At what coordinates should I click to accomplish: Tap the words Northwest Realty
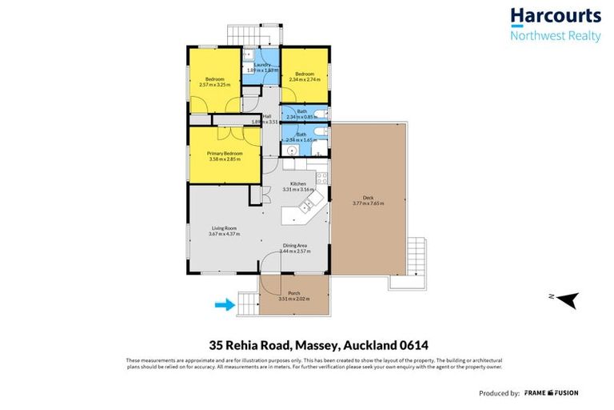coord(555,35)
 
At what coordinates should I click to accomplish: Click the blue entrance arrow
coord(225,304)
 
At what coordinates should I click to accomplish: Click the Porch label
coord(293,293)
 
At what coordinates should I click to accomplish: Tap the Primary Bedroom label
coord(225,152)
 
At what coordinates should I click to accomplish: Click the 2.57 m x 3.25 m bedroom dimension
coord(215,84)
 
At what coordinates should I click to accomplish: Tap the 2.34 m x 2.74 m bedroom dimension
coord(305,80)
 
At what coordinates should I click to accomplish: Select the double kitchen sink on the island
coord(305,207)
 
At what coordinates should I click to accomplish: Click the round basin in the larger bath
coord(293,149)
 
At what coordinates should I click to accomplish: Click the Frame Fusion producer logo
coord(552,393)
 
